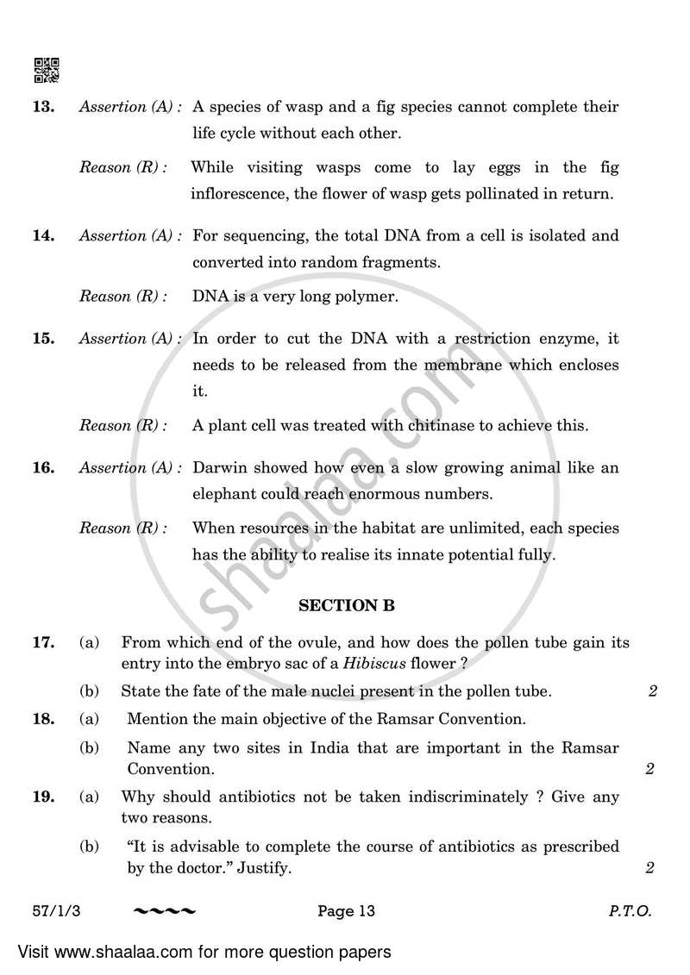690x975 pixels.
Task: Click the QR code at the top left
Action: [x=46, y=70]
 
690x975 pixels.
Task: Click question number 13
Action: [x=43, y=107]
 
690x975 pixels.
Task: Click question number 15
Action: [x=43, y=339]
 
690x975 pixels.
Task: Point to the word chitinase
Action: [x=449, y=425]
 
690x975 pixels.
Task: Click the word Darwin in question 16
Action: [x=218, y=468]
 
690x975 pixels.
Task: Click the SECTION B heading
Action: [x=346, y=606]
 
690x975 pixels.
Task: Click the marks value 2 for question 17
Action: [x=652, y=691]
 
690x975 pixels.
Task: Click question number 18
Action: [x=43, y=718]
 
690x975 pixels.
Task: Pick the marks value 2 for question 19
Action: [x=652, y=869]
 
